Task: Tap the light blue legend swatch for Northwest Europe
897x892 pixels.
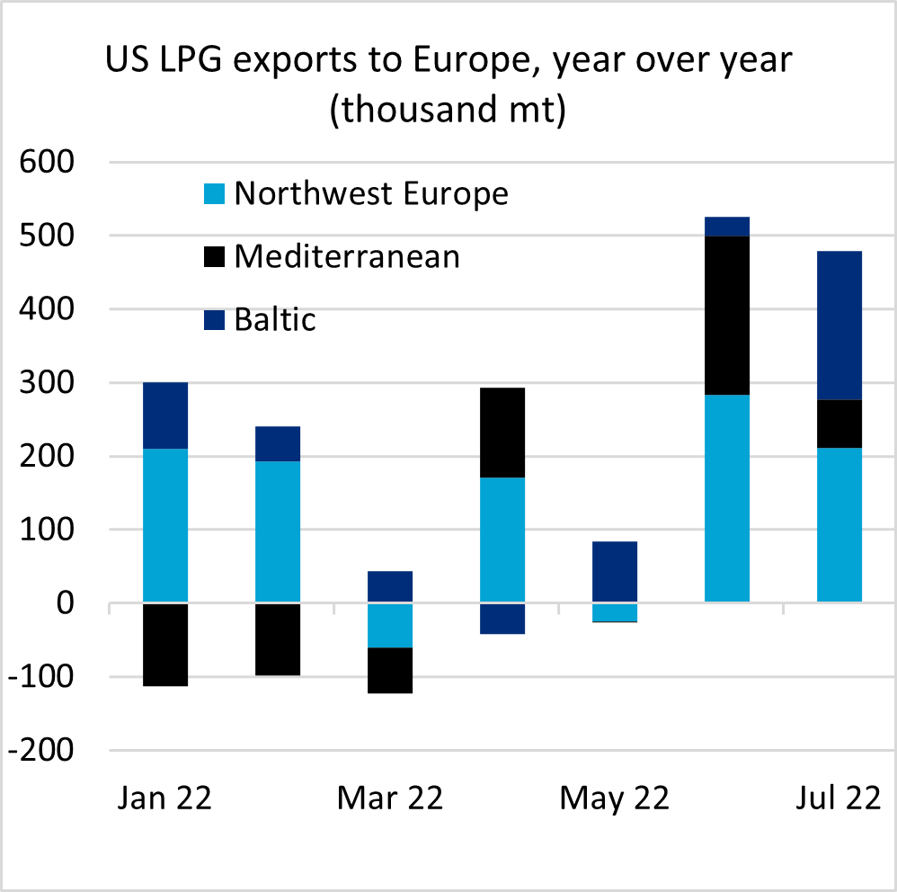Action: (x=215, y=194)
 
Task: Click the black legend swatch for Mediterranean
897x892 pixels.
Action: (x=215, y=257)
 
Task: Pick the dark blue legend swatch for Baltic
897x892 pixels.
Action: (x=215, y=320)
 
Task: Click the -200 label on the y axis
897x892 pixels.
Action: (x=40, y=750)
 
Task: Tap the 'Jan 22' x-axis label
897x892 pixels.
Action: (x=164, y=798)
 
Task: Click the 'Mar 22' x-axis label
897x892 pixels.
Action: (x=390, y=798)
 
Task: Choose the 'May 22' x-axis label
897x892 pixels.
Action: (x=615, y=798)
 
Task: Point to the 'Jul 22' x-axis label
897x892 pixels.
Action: (x=839, y=798)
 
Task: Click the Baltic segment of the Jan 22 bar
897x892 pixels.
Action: (x=165, y=415)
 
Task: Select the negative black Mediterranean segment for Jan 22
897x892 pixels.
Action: (x=165, y=645)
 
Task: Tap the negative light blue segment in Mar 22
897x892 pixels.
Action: (x=390, y=625)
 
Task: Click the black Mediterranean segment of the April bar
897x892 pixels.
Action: (x=502, y=433)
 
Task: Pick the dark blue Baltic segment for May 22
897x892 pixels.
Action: (x=615, y=572)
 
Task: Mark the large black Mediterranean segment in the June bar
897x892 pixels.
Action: (x=727, y=316)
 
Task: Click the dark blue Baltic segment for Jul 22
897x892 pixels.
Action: (x=839, y=326)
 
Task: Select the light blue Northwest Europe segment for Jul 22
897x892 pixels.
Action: (x=839, y=525)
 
